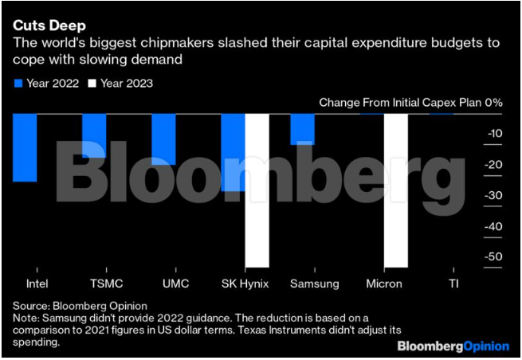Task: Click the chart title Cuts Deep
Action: pos(44,25)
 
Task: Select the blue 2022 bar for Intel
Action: pos(25,147)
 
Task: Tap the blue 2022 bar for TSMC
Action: pos(94,135)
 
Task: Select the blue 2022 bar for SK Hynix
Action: pos(233,151)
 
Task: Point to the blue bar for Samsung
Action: pos(302,129)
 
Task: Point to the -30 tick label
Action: pos(493,195)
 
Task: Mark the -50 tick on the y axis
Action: pos(493,256)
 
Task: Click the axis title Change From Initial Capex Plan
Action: pos(398,103)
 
